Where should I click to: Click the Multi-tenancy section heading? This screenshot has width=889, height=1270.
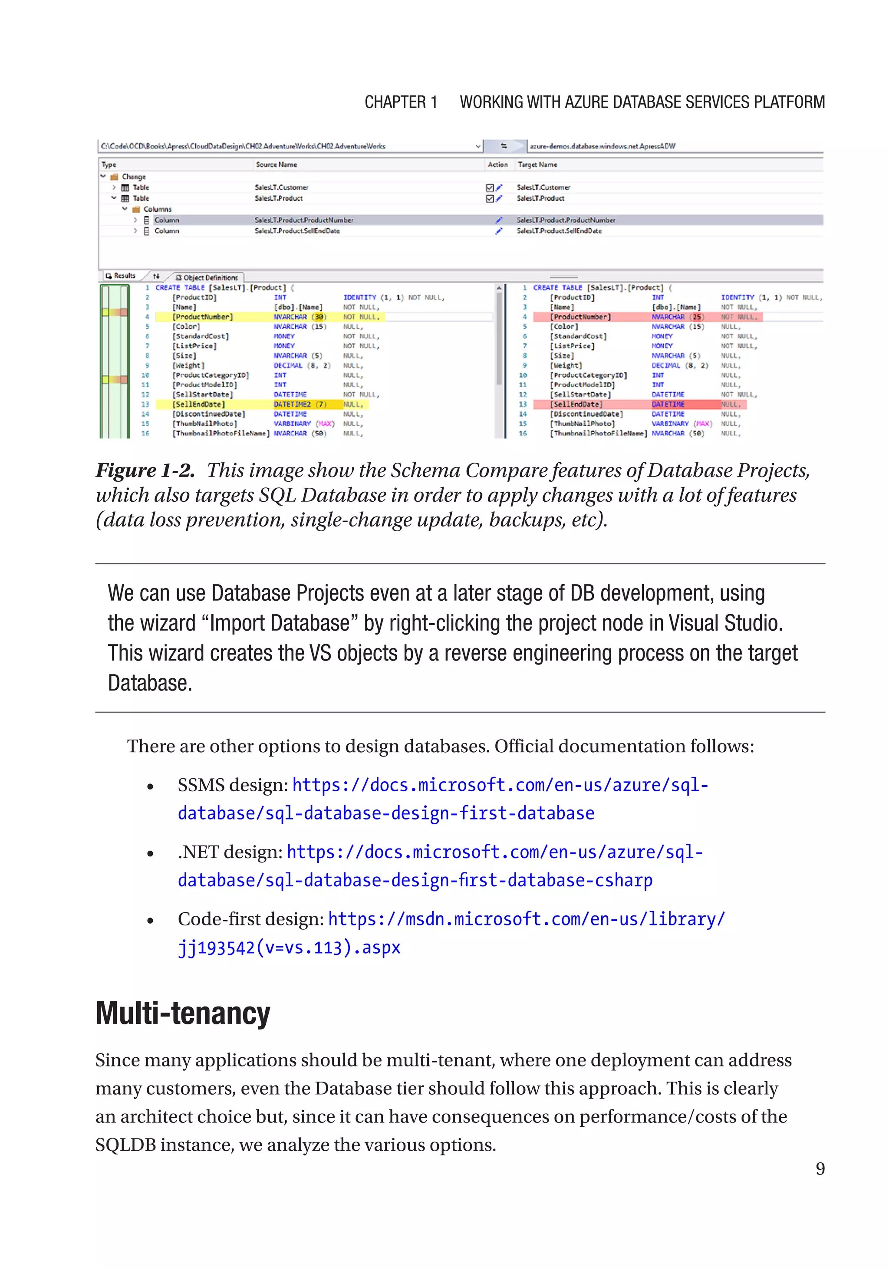tap(183, 1014)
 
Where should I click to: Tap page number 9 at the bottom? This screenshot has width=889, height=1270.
tap(820, 1168)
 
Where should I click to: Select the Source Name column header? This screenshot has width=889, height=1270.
tap(276, 165)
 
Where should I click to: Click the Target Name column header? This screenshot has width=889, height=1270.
tap(537, 165)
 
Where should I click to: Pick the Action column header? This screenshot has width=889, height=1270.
tap(497, 165)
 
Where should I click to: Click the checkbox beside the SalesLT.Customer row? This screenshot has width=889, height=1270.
tap(490, 188)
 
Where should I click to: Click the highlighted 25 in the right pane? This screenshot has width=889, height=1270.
tap(697, 317)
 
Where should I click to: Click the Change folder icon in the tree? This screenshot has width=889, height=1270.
tap(115, 177)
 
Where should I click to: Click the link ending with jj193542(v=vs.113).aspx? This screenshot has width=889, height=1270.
tap(289, 948)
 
